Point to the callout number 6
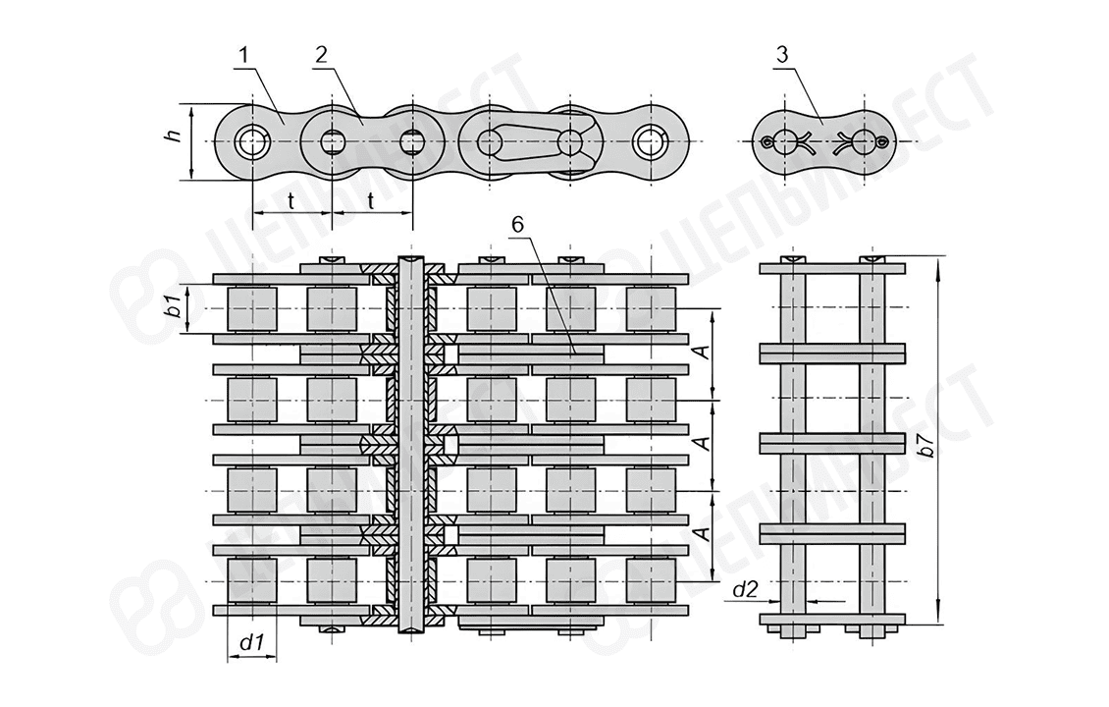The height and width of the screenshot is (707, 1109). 517,224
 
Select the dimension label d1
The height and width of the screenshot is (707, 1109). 252,643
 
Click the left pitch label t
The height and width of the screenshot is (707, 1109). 292,200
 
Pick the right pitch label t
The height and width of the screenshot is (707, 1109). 372,200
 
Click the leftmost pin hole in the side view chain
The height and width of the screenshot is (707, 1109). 252,142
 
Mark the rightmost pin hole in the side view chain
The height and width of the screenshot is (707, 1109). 650,142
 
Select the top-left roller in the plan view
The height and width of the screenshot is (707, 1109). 251,308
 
